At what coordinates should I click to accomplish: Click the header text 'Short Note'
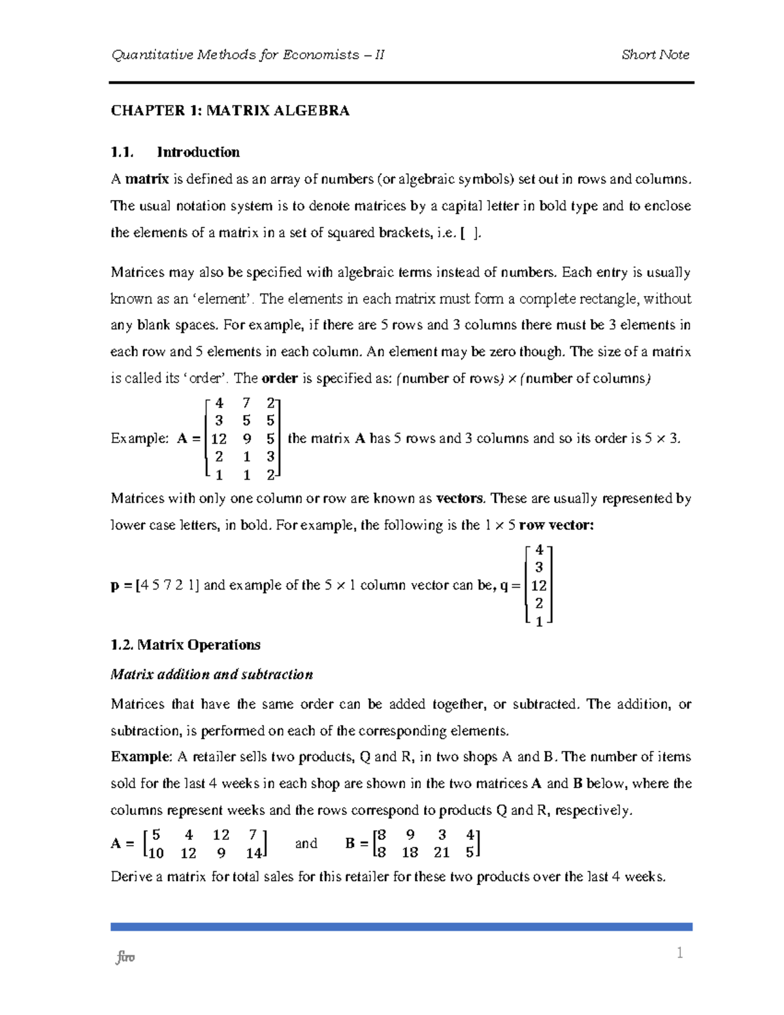(x=655, y=55)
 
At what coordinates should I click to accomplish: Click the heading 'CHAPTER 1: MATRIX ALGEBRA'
(x=230, y=110)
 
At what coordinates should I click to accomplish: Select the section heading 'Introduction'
(x=198, y=152)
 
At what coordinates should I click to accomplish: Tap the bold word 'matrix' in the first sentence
(x=147, y=179)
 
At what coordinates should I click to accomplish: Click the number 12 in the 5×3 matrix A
(x=219, y=439)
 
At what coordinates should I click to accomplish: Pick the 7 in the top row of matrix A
(x=246, y=403)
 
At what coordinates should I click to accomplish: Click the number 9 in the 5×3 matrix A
(x=246, y=439)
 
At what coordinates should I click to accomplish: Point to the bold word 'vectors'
(x=460, y=499)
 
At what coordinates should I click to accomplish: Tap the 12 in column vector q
(x=539, y=586)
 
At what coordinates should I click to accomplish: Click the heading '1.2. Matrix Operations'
(x=186, y=645)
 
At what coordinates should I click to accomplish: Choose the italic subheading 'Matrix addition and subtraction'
(x=212, y=674)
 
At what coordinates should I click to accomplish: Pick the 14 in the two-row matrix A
(x=253, y=853)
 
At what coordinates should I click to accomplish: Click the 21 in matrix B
(x=442, y=853)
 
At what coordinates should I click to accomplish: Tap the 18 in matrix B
(x=410, y=853)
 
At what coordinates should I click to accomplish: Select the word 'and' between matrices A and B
(x=306, y=844)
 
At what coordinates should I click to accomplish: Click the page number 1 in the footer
(x=679, y=954)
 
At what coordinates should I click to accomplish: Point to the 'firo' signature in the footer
(x=125, y=958)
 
